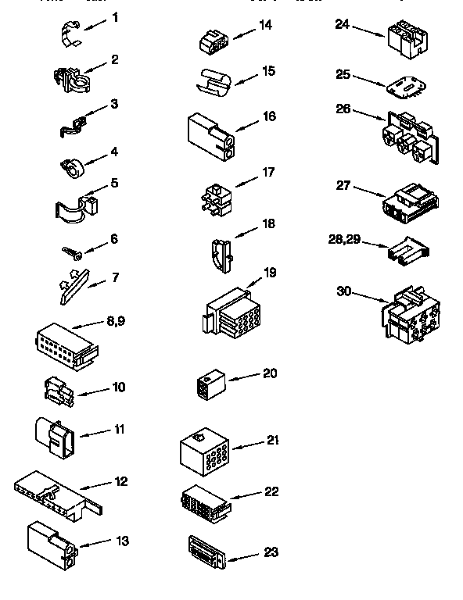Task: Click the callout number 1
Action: (x=115, y=16)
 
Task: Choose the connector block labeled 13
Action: (x=50, y=544)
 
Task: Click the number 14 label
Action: (x=266, y=25)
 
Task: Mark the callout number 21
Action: (x=272, y=441)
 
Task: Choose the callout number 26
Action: (x=343, y=109)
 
